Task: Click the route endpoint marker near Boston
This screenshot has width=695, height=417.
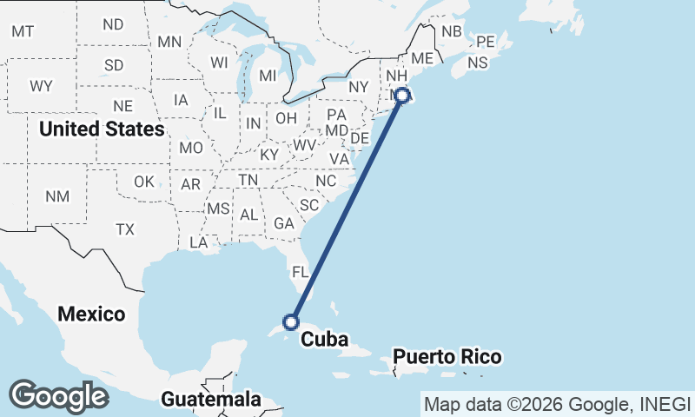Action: point(402,96)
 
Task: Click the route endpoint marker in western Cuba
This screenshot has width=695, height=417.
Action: point(292,321)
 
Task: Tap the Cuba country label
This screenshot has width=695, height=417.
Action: point(324,339)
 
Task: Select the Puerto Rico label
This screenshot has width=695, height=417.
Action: point(447,357)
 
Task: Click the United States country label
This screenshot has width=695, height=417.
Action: point(102,129)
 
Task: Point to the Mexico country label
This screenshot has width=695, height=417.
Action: point(91,314)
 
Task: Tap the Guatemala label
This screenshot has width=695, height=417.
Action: point(211,400)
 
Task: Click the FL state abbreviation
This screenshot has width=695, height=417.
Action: point(300,272)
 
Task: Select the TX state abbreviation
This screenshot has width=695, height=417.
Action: point(125,229)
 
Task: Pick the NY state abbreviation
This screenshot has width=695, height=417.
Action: point(359,87)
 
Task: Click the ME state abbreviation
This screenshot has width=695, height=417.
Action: point(421,57)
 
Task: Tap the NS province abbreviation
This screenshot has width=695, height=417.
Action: point(478,63)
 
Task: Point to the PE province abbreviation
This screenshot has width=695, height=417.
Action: point(485,41)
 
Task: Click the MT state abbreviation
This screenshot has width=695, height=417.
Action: point(23,31)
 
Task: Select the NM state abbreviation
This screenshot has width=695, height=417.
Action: point(57,196)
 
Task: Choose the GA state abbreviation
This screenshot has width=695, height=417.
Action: point(284,222)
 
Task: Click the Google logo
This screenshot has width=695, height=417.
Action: point(58,396)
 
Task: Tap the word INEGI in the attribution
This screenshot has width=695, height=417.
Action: point(663,404)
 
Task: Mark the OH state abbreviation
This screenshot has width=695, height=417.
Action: point(286,118)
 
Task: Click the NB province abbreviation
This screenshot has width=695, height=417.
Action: point(452,31)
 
